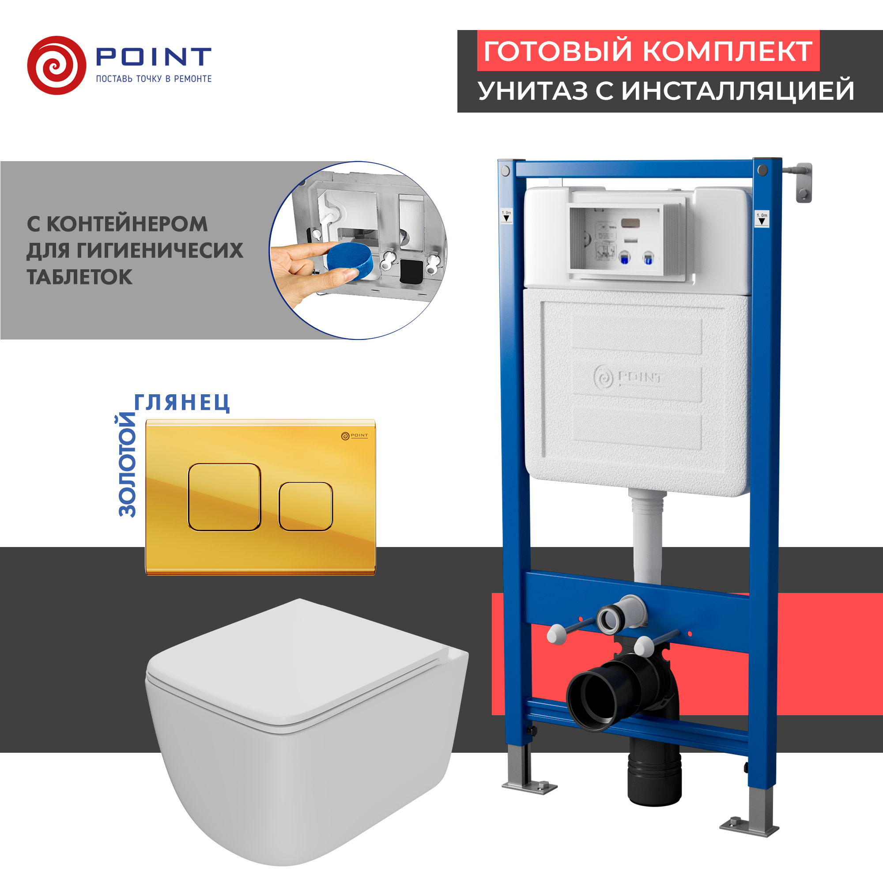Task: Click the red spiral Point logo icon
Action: pyautogui.click(x=57, y=65)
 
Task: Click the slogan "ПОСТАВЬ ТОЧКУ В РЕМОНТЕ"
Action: pyautogui.click(x=154, y=79)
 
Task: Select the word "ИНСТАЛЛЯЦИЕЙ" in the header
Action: pyautogui.click(x=738, y=91)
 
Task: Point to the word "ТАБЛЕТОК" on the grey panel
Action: pyautogui.click(x=79, y=277)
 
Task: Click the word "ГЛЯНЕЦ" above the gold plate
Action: pyautogui.click(x=182, y=403)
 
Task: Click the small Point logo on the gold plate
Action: pyautogui.click(x=354, y=436)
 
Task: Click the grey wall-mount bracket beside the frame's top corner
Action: pyautogui.click(x=803, y=182)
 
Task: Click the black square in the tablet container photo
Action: pyautogui.click(x=411, y=272)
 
